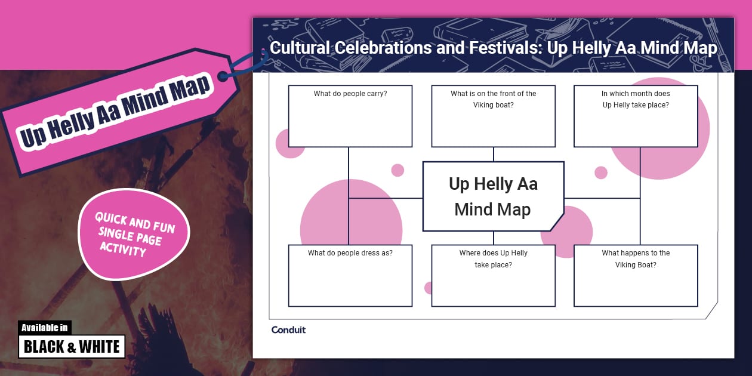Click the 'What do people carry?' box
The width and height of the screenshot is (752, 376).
(350, 116)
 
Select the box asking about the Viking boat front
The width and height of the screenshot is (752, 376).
(493, 116)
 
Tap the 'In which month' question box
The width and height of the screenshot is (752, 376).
(636, 116)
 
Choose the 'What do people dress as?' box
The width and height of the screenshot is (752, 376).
(350, 276)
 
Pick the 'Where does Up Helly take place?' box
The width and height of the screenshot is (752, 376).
(493, 276)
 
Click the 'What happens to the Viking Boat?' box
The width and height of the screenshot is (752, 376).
(636, 276)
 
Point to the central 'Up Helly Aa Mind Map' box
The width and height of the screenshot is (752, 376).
(493, 196)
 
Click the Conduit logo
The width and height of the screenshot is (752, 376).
(288, 330)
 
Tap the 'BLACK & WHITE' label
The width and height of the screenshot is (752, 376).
(72, 346)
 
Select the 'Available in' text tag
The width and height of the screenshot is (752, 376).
(45, 328)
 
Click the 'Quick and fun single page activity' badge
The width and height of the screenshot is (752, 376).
(135, 233)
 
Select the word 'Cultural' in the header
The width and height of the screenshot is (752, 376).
(299, 48)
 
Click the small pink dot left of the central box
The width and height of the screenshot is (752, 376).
(397, 170)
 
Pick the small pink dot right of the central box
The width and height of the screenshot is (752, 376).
(601, 172)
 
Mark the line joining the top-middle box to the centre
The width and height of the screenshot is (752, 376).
(493, 155)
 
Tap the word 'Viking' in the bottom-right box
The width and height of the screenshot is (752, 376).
(627, 264)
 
